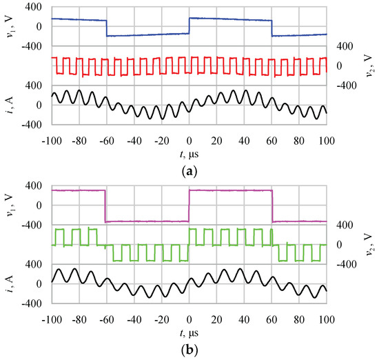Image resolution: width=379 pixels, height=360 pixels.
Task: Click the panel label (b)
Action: click(x=189, y=350)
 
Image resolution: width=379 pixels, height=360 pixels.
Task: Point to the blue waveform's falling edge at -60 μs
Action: click(x=106, y=28)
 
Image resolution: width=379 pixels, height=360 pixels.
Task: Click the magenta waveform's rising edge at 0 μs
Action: click(x=189, y=206)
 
